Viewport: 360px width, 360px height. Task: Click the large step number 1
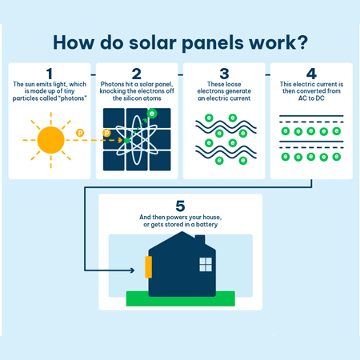tap(50, 73)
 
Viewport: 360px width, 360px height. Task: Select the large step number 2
tap(136, 73)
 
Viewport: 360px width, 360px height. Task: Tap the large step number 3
tap(223, 73)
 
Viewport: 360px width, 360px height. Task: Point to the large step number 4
tap(310, 73)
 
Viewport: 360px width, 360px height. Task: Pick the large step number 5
tap(179, 204)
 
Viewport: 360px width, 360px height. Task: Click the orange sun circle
tap(50, 139)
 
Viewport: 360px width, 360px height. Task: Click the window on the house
tap(206, 263)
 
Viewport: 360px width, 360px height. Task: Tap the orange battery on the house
tap(148, 266)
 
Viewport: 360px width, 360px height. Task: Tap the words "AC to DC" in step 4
tap(310, 98)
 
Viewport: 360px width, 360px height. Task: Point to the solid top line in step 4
tap(310, 117)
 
